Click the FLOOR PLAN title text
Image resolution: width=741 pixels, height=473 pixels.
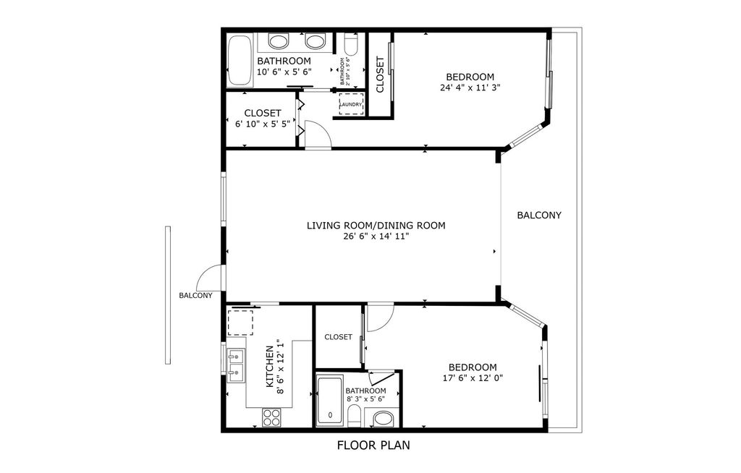pos(373,446)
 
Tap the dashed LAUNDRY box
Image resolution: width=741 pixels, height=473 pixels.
pos(351,104)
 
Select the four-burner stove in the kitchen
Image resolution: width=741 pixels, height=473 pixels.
pos(271,417)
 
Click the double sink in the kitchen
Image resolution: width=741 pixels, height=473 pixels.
pos(234,365)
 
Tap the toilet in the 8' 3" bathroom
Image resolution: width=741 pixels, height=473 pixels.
pos(355,415)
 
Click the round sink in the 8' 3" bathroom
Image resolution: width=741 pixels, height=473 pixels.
pos(382,419)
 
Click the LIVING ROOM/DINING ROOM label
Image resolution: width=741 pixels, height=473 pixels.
pos(376,226)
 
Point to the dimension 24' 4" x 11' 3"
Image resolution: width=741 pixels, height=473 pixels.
pos(470,88)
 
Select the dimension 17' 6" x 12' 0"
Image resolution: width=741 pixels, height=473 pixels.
pos(473,378)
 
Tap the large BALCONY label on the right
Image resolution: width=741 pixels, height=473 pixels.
pos(539,216)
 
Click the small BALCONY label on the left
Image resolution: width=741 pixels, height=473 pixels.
pos(195,295)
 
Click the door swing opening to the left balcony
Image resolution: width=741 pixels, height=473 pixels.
pos(210,278)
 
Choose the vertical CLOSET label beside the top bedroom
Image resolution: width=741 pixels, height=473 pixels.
pos(380,69)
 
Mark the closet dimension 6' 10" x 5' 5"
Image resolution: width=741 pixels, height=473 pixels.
pos(262,124)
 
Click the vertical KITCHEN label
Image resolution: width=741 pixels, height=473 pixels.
pos(270,366)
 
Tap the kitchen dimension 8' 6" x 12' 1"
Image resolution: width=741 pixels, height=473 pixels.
pos(281,366)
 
